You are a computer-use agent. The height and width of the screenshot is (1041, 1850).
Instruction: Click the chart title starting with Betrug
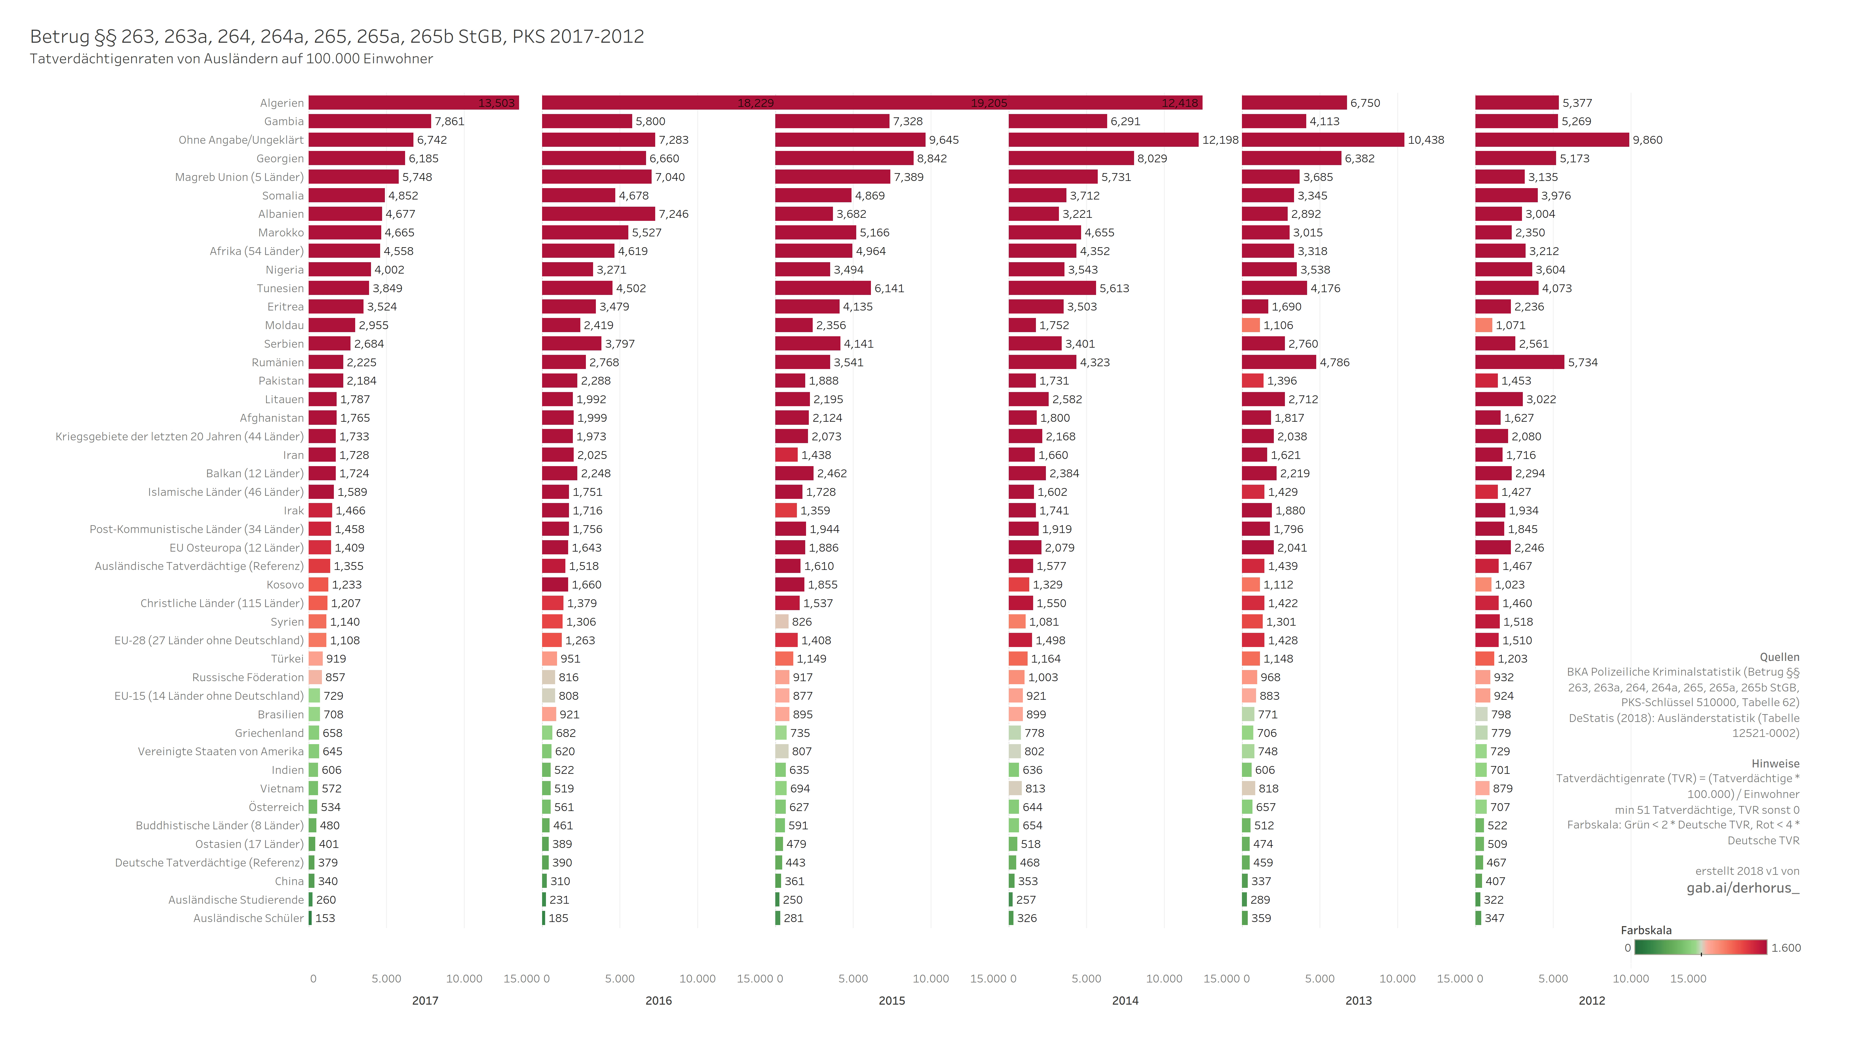pos(337,37)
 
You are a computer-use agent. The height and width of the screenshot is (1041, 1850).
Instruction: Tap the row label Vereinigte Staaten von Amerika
pos(220,751)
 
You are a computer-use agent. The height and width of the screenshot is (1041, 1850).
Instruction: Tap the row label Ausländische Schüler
pos(248,918)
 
